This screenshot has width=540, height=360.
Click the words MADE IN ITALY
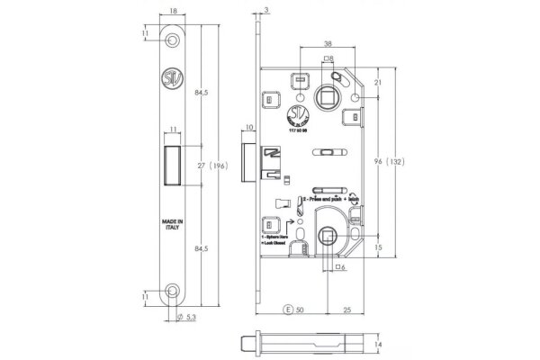[x=173, y=225]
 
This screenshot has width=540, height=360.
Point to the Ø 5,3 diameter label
[x=185, y=316]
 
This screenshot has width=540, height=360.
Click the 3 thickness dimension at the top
[x=267, y=9]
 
